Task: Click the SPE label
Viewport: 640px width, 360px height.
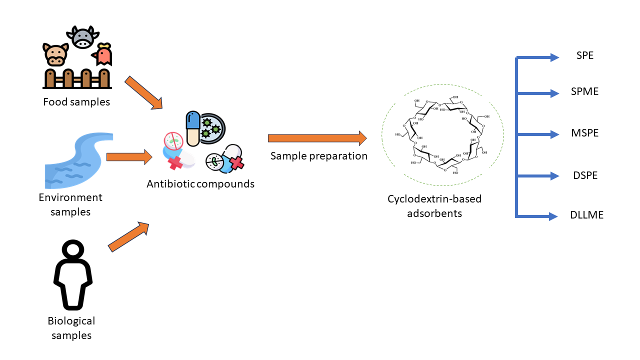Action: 584,55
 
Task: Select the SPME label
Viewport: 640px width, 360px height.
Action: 584,91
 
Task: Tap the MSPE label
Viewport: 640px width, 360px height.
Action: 584,133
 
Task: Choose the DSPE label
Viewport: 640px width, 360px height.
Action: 584,175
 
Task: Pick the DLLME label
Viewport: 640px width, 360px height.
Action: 586,215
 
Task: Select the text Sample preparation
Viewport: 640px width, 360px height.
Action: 319,156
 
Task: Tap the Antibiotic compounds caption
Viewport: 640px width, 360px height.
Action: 200,184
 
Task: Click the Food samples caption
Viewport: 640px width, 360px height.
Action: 76,102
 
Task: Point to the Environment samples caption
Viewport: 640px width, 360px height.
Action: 70,204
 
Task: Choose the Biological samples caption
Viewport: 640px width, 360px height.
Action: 71,328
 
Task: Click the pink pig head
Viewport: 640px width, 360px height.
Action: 55,54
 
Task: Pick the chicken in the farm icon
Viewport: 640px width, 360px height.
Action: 103,55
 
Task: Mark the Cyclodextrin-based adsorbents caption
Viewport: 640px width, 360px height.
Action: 434,206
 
